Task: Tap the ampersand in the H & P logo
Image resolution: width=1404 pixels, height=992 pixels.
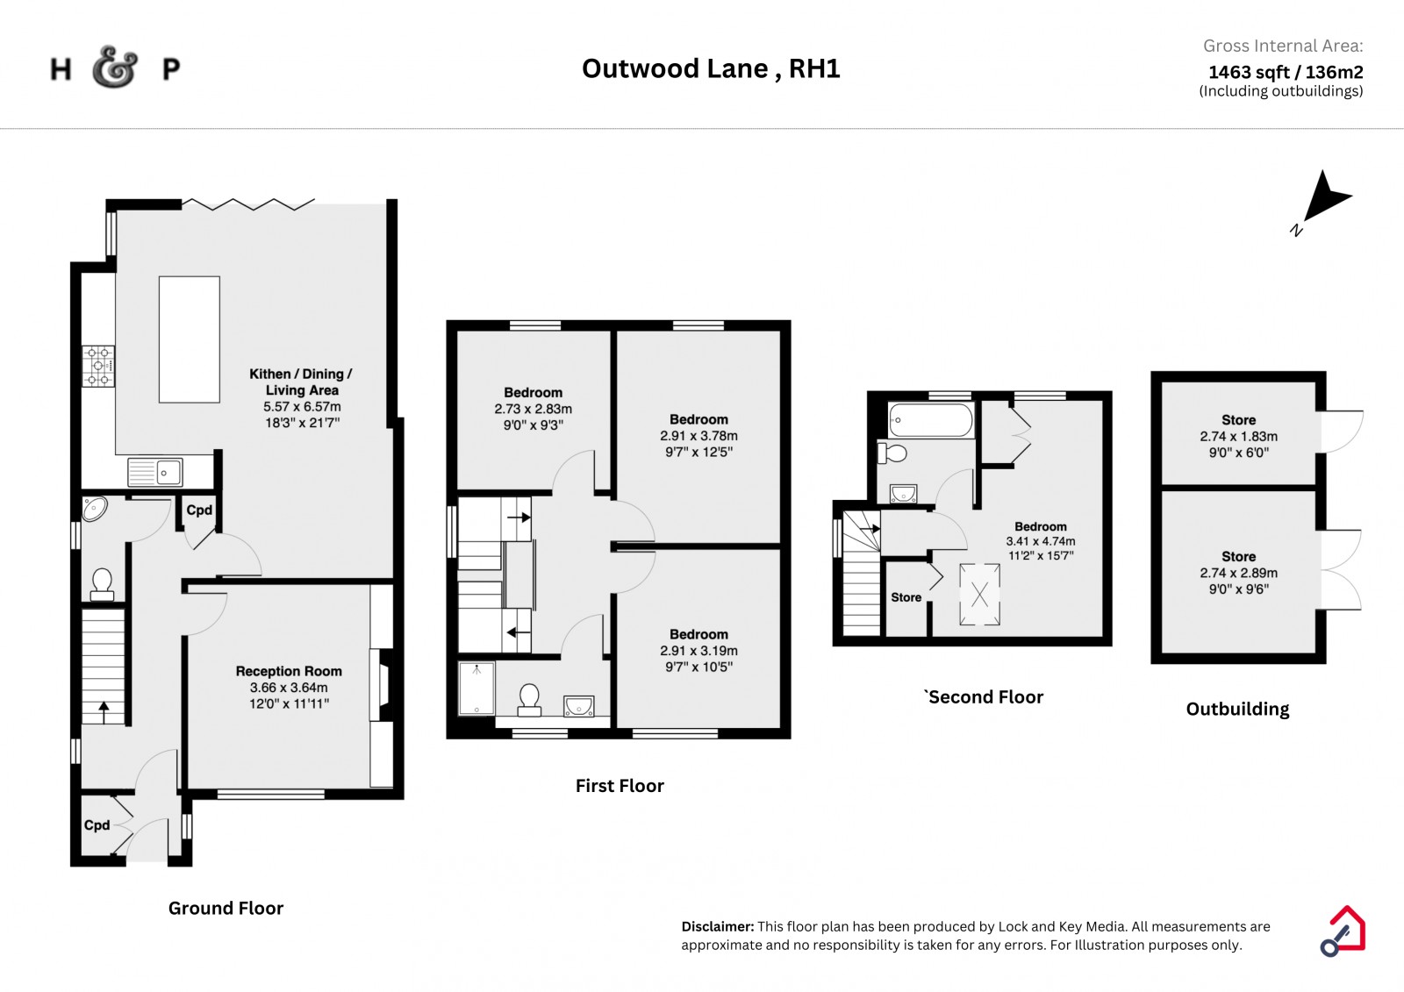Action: pyautogui.click(x=114, y=67)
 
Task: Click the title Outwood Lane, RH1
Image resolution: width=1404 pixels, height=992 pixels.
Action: pyautogui.click(x=711, y=68)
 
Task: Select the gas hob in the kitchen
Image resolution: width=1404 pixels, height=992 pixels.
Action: pyautogui.click(x=98, y=366)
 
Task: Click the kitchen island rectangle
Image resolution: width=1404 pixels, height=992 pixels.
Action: pyautogui.click(x=190, y=339)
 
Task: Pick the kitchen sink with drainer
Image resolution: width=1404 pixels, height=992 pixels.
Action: pyautogui.click(x=154, y=472)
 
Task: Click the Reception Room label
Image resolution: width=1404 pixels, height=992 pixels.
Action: pyautogui.click(x=289, y=671)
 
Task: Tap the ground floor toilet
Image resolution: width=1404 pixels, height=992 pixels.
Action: pyautogui.click(x=102, y=584)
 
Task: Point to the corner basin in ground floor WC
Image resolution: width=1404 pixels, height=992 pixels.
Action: pyautogui.click(x=94, y=508)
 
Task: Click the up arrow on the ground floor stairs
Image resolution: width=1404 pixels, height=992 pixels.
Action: pyautogui.click(x=104, y=712)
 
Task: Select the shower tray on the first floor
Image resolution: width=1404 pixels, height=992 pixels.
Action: pyautogui.click(x=476, y=688)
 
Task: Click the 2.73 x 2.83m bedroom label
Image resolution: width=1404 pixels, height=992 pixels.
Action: pyautogui.click(x=534, y=409)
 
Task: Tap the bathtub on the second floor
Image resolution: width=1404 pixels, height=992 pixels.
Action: pyautogui.click(x=931, y=419)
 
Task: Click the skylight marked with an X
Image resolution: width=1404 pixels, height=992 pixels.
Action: pyautogui.click(x=979, y=594)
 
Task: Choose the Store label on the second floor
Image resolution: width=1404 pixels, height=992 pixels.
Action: pyautogui.click(x=906, y=597)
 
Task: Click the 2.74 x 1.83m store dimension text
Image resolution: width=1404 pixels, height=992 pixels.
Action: pyautogui.click(x=1238, y=436)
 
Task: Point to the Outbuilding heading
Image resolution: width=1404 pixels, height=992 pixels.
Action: pyautogui.click(x=1238, y=709)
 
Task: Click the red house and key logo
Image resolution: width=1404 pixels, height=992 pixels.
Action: pyautogui.click(x=1343, y=931)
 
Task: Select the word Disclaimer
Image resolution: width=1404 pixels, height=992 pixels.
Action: pyautogui.click(x=718, y=926)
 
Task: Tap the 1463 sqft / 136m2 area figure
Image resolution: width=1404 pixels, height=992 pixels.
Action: pyautogui.click(x=1286, y=72)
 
